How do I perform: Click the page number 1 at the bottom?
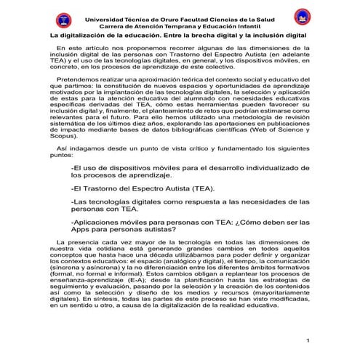point(309,340)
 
